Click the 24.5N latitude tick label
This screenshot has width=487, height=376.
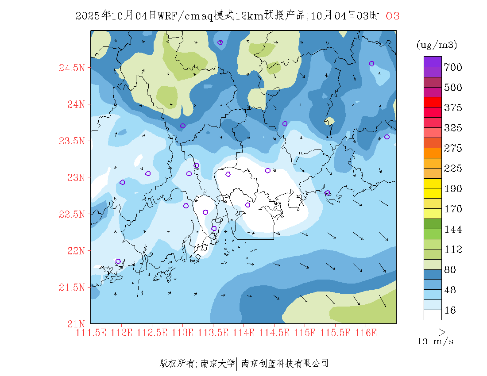(71, 68)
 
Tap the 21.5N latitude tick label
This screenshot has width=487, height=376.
(71, 288)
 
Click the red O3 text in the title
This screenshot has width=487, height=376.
(392, 16)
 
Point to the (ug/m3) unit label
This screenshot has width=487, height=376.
(437, 45)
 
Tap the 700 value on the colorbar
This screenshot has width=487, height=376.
(453, 67)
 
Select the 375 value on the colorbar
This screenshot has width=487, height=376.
(453, 108)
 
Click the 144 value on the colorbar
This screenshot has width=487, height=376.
(453, 230)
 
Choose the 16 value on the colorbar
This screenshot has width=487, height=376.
(450, 311)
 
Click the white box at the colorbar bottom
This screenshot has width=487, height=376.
(433, 315)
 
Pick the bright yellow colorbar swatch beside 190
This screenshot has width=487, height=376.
(433, 183)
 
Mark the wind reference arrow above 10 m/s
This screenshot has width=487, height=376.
(434, 331)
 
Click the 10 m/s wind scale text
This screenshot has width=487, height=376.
(436, 341)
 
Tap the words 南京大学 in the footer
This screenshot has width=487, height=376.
(217, 364)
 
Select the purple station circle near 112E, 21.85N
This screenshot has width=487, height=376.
(118, 261)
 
